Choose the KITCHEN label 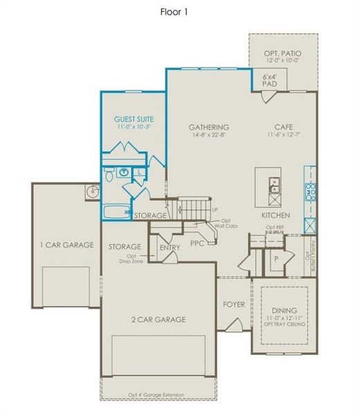pos(276,216)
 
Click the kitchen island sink pos(274,185)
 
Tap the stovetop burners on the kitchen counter pos(311,191)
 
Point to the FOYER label pos(233,304)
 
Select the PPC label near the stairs pos(197,243)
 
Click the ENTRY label pos(170,248)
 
